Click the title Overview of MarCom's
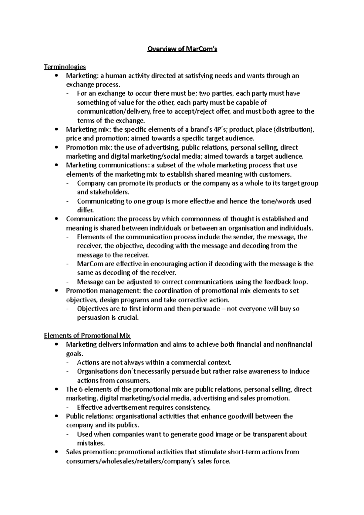(x=182, y=49)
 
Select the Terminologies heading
(x=65, y=67)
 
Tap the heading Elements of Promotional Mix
(x=87, y=336)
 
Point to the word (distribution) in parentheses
(x=294, y=130)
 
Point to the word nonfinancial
(x=294, y=345)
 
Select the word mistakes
(x=90, y=443)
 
